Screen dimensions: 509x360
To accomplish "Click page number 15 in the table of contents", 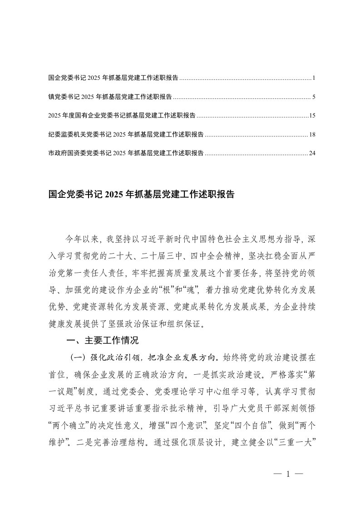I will point(312,116).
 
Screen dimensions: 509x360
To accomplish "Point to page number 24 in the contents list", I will point(312,153).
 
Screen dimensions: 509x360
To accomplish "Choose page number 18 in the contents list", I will point(312,134).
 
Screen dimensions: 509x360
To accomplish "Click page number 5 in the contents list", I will point(314,97).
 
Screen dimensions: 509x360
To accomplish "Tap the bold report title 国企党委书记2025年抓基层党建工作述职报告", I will point(141,195).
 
